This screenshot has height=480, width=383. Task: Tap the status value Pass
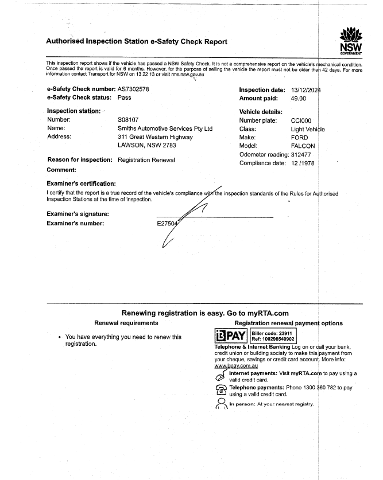(125, 98)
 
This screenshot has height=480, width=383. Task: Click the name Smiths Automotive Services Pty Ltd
(165, 129)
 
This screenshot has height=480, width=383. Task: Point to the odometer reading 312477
(305, 155)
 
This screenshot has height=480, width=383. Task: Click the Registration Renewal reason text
(146, 160)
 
